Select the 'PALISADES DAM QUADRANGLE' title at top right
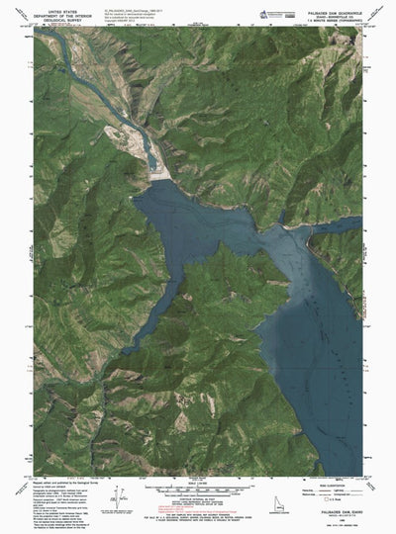pos(318,5)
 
